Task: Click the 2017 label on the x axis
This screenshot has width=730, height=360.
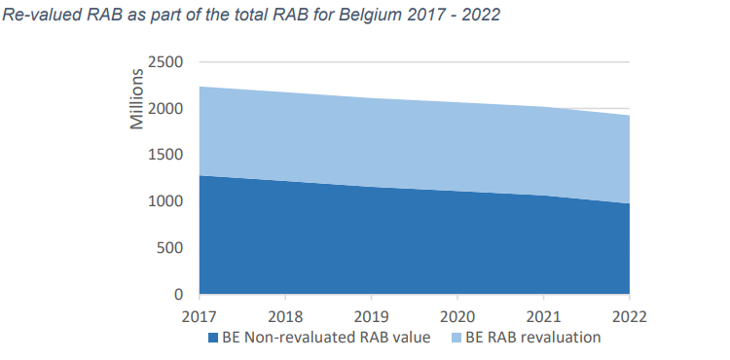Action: click(199, 316)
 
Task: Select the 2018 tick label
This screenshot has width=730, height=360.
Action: click(284, 316)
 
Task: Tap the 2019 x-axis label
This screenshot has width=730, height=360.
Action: click(371, 316)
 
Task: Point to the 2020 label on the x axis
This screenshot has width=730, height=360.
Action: click(456, 316)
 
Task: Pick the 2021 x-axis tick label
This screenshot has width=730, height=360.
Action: click(543, 316)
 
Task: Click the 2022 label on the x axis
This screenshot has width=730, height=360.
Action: click(629, 316)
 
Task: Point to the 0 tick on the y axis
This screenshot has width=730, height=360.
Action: click(178, 294)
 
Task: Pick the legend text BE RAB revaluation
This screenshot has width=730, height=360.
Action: click(536, 338)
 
